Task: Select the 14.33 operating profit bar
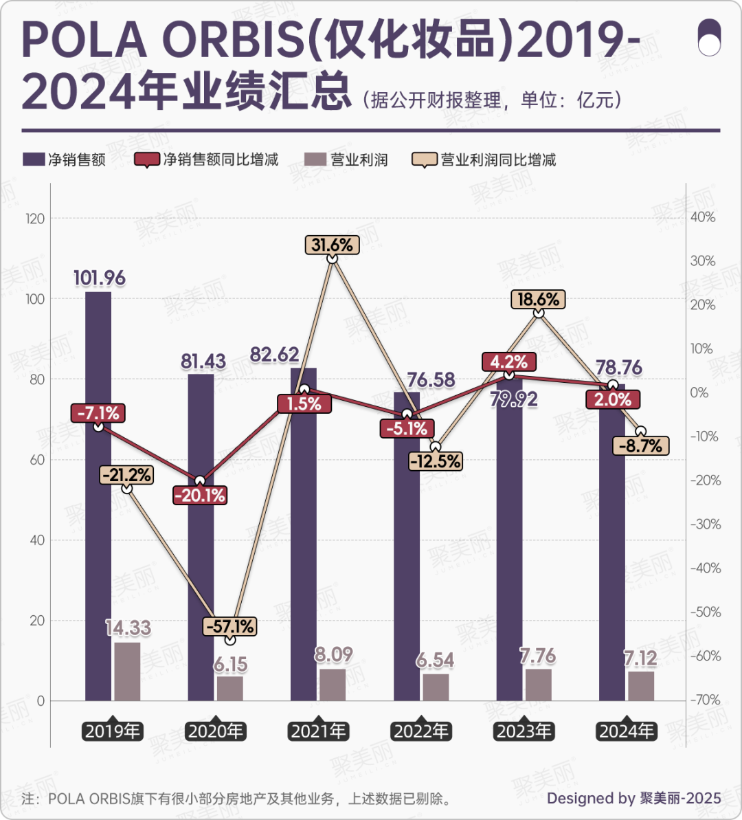coord(127,672)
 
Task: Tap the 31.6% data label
coord(333,244)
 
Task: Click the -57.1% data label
coord(230,626)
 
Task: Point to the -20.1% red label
coord(200,496)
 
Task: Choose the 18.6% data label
coord(539,299)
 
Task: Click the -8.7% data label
coord(641,446)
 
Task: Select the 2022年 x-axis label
coord(421,731)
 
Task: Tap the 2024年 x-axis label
coord(627,731)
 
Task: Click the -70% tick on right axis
coord(703,700)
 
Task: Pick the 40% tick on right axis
coord(703,217)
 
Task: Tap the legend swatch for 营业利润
coord(314,160)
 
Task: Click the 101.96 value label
coord(100,278)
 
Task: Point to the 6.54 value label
coord(436,661)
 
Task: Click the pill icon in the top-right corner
coord(709,37)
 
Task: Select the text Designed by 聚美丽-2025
coord(633,798)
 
